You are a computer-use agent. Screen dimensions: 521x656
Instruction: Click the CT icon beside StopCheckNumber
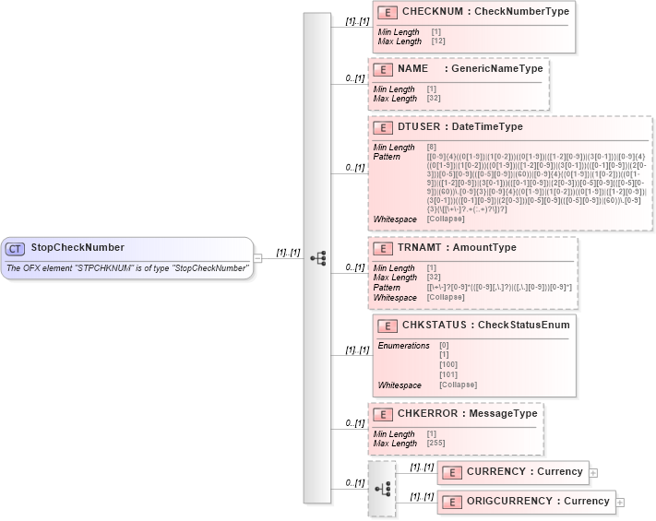(15, 248)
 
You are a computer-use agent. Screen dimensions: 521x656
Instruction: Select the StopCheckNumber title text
(78, 248)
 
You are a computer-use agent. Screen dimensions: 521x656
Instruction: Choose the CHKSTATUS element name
(434, 325)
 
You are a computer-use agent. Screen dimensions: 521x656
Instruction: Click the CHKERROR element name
(430, 414)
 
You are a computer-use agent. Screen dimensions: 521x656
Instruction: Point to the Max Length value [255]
(435, 444)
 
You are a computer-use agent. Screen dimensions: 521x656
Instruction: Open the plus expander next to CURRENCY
(593, 472)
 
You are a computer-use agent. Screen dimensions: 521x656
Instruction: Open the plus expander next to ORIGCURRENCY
(620, 502)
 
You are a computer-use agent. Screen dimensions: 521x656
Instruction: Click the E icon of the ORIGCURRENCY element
(452, 502)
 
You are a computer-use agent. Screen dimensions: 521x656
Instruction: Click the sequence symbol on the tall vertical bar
(318, 258)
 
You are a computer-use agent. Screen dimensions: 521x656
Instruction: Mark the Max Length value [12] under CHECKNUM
(438, 41)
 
